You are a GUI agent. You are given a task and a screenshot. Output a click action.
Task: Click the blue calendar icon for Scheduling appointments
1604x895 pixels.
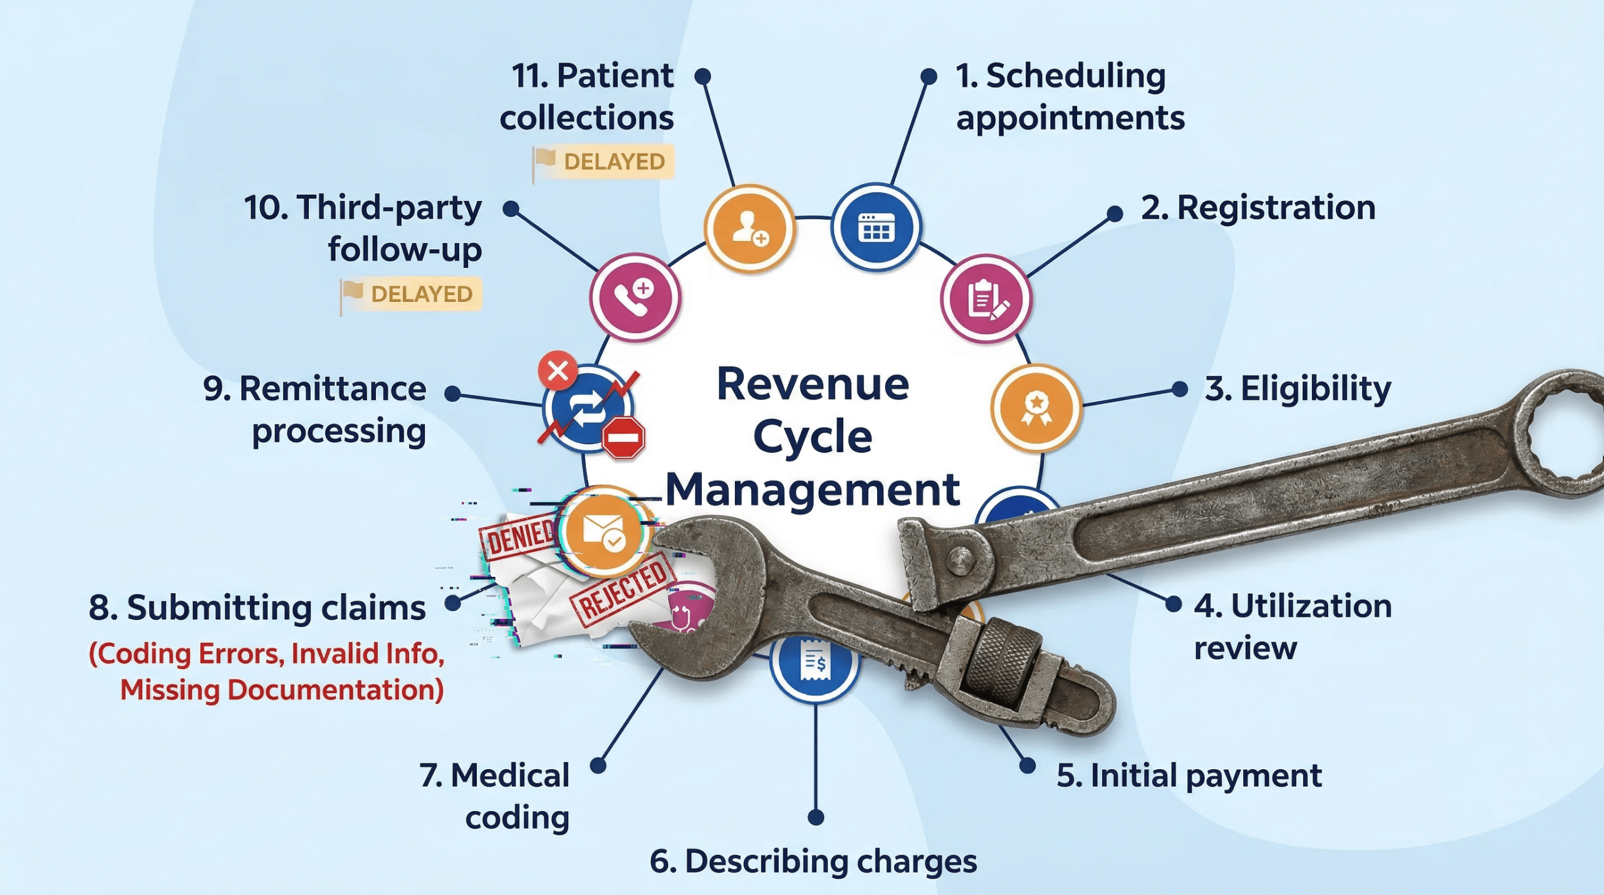coord(876,227)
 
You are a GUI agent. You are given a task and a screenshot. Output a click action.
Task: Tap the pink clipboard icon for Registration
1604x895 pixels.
coord(986,299)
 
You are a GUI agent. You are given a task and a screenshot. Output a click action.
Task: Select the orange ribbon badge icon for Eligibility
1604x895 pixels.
coord(1036,408)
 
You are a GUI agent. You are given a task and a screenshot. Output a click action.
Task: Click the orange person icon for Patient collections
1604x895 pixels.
coord(749,229)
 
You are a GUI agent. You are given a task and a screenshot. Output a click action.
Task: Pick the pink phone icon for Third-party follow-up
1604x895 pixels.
coord(635,297)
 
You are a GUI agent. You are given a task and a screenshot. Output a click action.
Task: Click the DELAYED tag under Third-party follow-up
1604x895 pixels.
coord(412,294)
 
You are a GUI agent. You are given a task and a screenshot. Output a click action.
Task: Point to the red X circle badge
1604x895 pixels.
coord(557,371)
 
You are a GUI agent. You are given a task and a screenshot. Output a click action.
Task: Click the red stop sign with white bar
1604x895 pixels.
coord(623,437)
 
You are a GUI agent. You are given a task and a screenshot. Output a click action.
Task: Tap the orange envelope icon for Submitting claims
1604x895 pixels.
coord(603,531)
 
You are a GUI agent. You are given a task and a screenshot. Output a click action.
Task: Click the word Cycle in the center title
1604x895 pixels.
coord(813,437)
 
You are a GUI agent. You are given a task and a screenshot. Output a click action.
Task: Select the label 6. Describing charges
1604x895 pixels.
coord(813,861)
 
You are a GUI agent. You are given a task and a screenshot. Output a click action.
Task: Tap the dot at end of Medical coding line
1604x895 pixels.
coord(598,765)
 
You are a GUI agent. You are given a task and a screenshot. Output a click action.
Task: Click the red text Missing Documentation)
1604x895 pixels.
coord(281,690)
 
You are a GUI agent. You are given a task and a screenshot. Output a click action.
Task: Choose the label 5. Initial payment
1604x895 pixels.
coord(1189,775)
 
